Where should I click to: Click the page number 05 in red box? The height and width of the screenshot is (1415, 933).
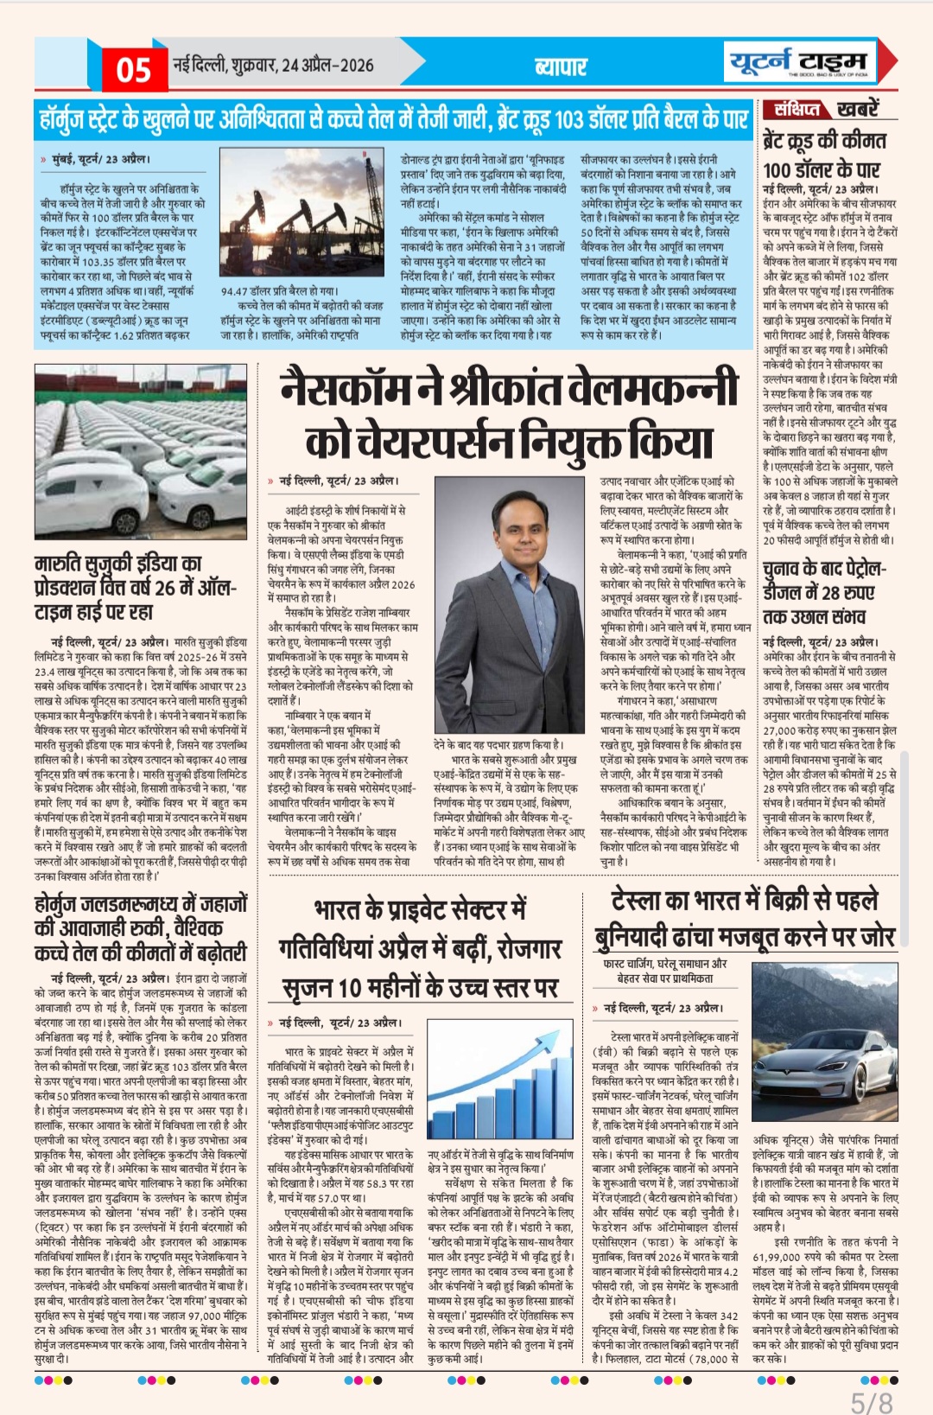coord(134,68)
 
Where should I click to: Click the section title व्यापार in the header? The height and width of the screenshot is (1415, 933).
coord(561,67)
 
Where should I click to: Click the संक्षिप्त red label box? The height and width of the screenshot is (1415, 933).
coord(796,110)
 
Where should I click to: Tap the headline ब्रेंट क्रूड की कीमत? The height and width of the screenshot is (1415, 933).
coord(824,141)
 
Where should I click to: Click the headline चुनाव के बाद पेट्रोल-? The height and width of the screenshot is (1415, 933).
coord(823,570)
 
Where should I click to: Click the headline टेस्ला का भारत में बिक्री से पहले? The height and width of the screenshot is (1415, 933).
coord(744,901)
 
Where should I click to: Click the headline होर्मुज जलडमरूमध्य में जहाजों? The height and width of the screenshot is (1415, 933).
coord(140,904)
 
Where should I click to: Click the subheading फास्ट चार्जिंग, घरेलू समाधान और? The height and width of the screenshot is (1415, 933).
coord(664,964)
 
